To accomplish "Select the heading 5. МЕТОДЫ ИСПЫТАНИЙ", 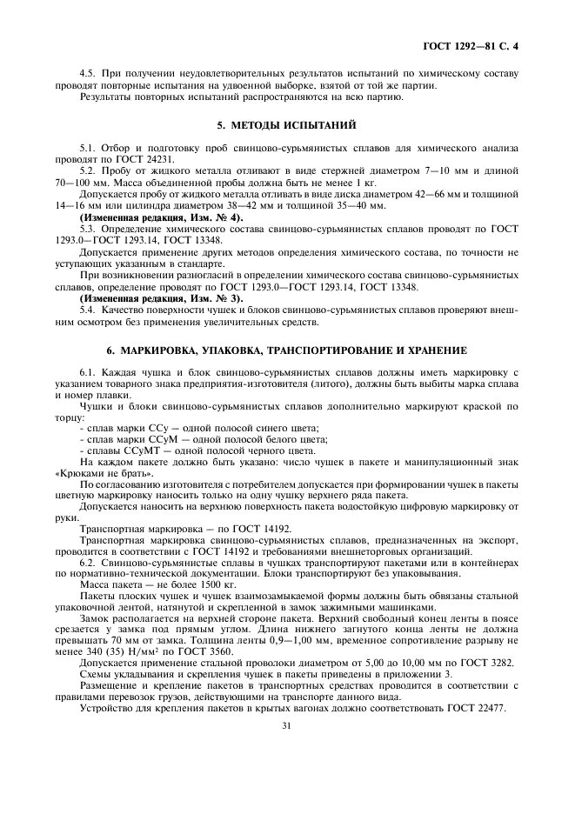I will (286, 125).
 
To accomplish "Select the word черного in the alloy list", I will (261, 450).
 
